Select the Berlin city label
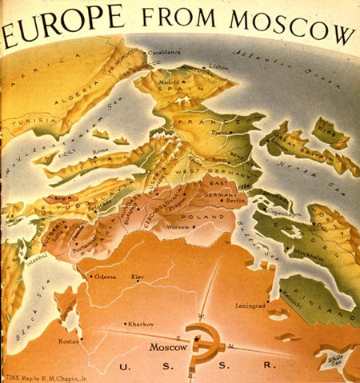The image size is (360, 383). point(235,201)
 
